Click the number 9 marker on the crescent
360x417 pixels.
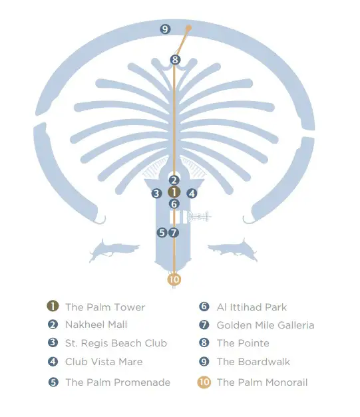pos(165,29)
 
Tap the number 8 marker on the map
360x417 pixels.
pos(175,60)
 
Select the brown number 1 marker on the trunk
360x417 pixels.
pos(174,192)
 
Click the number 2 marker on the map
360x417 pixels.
pos(174,180)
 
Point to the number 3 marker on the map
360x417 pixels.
pos(157,194)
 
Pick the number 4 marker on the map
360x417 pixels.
pos(192,194)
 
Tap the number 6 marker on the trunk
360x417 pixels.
pos(174,204)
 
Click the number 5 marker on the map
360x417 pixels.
pos(162,233)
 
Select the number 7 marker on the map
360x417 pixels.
pos(174,233)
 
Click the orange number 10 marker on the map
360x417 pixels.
pos(174,279)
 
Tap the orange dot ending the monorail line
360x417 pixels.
pos(188,28)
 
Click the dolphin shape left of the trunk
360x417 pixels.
pos(114,250)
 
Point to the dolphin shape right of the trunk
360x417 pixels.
pos(233,250)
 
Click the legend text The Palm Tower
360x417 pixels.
pos(105,307)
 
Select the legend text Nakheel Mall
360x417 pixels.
pos(96,325)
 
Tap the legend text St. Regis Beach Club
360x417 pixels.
pos(116,343)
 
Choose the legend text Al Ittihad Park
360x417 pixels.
pos(252,307)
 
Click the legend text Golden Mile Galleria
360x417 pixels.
pos(266,325)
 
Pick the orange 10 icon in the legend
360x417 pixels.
pos(204,382)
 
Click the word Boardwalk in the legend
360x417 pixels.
pos(264,362)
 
